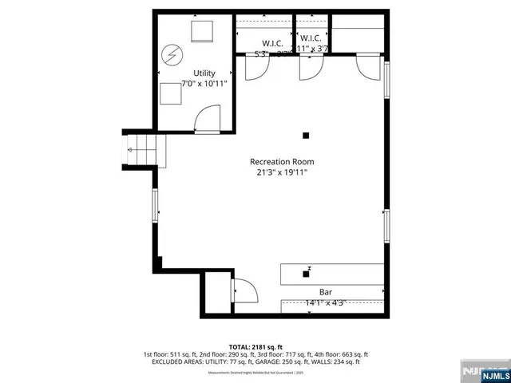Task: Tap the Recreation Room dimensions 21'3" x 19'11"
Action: tap(280, 172)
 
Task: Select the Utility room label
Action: tap(193, 73)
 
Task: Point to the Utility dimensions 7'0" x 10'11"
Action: tap(193, 84)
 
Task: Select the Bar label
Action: tap(326, 292)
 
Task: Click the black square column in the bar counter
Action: tap(306, 274)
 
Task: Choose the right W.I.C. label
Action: tap(310, 38)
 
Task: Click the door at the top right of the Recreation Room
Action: tap(368, 68)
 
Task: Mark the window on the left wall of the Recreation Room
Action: tap(156, 204)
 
